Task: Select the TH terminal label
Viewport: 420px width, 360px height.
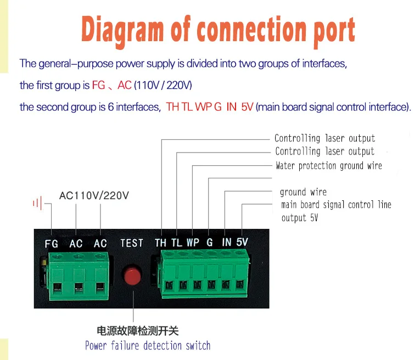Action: pyautogui.click(x=161, y=243)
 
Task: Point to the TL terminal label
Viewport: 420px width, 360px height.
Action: pyautogui.click(x=176, y=243)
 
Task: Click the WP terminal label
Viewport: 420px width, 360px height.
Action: pyautogui.click(x=193, y=243)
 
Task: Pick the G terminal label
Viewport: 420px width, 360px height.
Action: pyautogui.click(x=209, y=243)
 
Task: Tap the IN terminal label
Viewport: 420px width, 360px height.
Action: pyautogui.click(x=226, y=243)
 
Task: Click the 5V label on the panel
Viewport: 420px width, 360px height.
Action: pyautogui.click(x=242, y=243)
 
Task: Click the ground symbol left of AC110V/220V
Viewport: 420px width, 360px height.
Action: pyautogui.click(x=37, y=204)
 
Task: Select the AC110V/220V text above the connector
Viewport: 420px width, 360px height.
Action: pyautogui.click(x=94, y=195)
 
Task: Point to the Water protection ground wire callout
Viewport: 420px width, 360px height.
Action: pyautogui.click(x=328, y=165)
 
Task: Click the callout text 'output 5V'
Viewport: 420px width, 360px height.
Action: pyautogui.click(x=299, y=218)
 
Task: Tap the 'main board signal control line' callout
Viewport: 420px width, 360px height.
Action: pyautogui.click(x=336, y=205)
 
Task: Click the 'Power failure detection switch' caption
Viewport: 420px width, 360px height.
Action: pyautogui.click(x=148, y=346)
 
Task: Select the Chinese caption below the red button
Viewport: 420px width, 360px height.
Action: pyautogui.click(x=138, y=331)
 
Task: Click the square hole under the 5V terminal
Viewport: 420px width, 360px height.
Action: pyautogui.click(x=240, y=284)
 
